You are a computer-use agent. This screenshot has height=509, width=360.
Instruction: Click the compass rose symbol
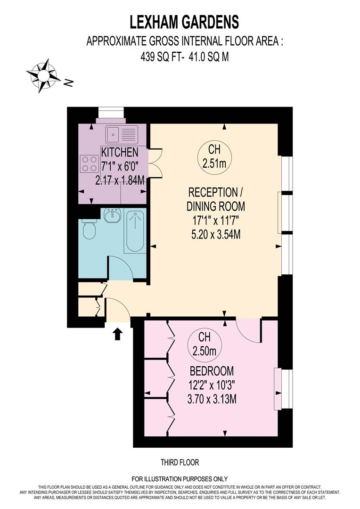pyautogui.click(x=43, y=74)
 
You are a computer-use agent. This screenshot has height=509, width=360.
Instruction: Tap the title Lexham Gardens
pyautogui.click(x=184, y=22)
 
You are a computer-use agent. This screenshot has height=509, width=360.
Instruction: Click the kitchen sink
pyautogui.click(x=122, y=134)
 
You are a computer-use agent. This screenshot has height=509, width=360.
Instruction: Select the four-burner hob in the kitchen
pyautogui.click(x=89, y=164)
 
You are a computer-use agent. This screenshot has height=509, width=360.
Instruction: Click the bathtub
pyautogui.click(x=135, y=231)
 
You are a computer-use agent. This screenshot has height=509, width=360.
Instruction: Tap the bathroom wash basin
pyautogui.click(x=112, y=216)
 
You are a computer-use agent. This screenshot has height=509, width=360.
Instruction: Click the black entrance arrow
pyautogui.click(x=118, y=334)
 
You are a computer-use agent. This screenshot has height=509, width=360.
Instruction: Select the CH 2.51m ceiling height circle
pyautogui.click(x=214, y=157)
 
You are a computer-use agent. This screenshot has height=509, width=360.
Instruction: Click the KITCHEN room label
pyautogui.click(x=120, y=152)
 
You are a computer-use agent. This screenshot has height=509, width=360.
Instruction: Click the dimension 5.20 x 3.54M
pyautogui.click(x=214, y=234)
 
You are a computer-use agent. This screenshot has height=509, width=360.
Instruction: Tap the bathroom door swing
pyautogui.click(x=121, y=269)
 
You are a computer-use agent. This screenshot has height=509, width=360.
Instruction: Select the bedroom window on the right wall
pyautogui.click(x=284, y=389)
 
